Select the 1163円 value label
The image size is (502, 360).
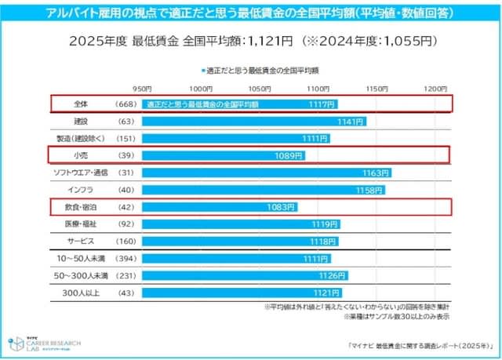[376, 173]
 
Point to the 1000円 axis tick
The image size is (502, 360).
[200, 87]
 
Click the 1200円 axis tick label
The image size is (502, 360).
[435, 87]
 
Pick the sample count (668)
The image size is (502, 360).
[125, 104]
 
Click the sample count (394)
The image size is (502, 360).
[125, 259]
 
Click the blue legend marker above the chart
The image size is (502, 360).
[202, 70]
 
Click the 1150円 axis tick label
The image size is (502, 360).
[376, 87]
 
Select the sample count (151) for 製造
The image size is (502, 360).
[125, 138]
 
